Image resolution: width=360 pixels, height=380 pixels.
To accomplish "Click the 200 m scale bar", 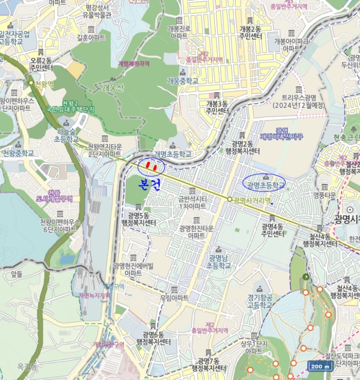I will (321, 366).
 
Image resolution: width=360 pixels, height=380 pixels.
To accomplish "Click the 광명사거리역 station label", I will (251, 200).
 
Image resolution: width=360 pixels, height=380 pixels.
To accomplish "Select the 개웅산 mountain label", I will (113, 87).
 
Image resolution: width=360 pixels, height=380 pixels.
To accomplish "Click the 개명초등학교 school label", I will (173, 155).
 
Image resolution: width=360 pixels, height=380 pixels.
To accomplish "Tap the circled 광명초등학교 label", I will (265, 185).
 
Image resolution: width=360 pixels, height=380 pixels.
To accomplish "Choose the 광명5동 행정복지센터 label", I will (138, 219).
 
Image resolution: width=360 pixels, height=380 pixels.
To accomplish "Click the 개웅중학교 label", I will (182, 81).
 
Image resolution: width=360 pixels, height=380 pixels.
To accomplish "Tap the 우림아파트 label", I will (174, 298).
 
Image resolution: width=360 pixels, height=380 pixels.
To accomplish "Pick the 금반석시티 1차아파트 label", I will (192, 202).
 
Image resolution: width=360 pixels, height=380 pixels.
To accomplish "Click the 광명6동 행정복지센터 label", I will (153, 338).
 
